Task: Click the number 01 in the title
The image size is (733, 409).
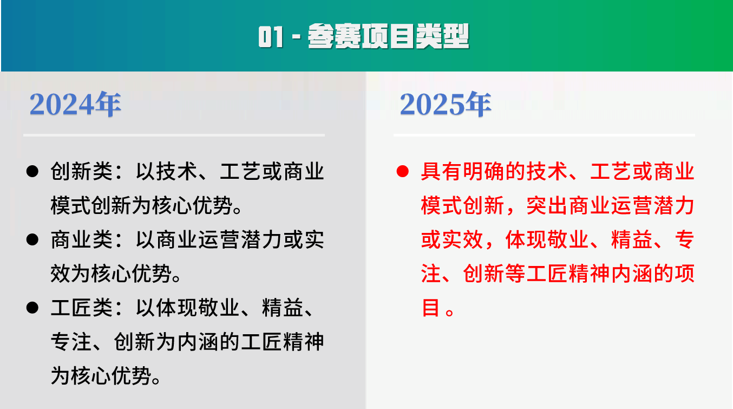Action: [271, 37]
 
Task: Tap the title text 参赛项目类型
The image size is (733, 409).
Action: [388, 36]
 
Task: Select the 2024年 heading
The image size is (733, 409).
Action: [75, 104]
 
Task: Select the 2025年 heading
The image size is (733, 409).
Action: [446, 104]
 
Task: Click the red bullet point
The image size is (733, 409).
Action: [402, 171]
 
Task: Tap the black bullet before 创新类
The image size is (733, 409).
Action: [32, 171]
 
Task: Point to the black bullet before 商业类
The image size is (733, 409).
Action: [32, 239]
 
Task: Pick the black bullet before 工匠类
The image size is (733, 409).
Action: [32, 308]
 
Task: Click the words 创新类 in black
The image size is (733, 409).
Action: [82, 171]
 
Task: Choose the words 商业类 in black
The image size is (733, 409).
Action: [82, 239]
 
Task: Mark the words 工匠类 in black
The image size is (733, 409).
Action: [82, 308]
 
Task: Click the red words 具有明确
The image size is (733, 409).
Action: [463, 171]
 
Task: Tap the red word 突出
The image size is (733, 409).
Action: [547, 205]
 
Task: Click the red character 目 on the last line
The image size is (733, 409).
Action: [430, 308]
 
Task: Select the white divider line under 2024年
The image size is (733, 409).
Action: [174, 135]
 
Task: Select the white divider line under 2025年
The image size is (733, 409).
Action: [544, 135]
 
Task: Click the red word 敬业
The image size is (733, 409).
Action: [568, 239]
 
